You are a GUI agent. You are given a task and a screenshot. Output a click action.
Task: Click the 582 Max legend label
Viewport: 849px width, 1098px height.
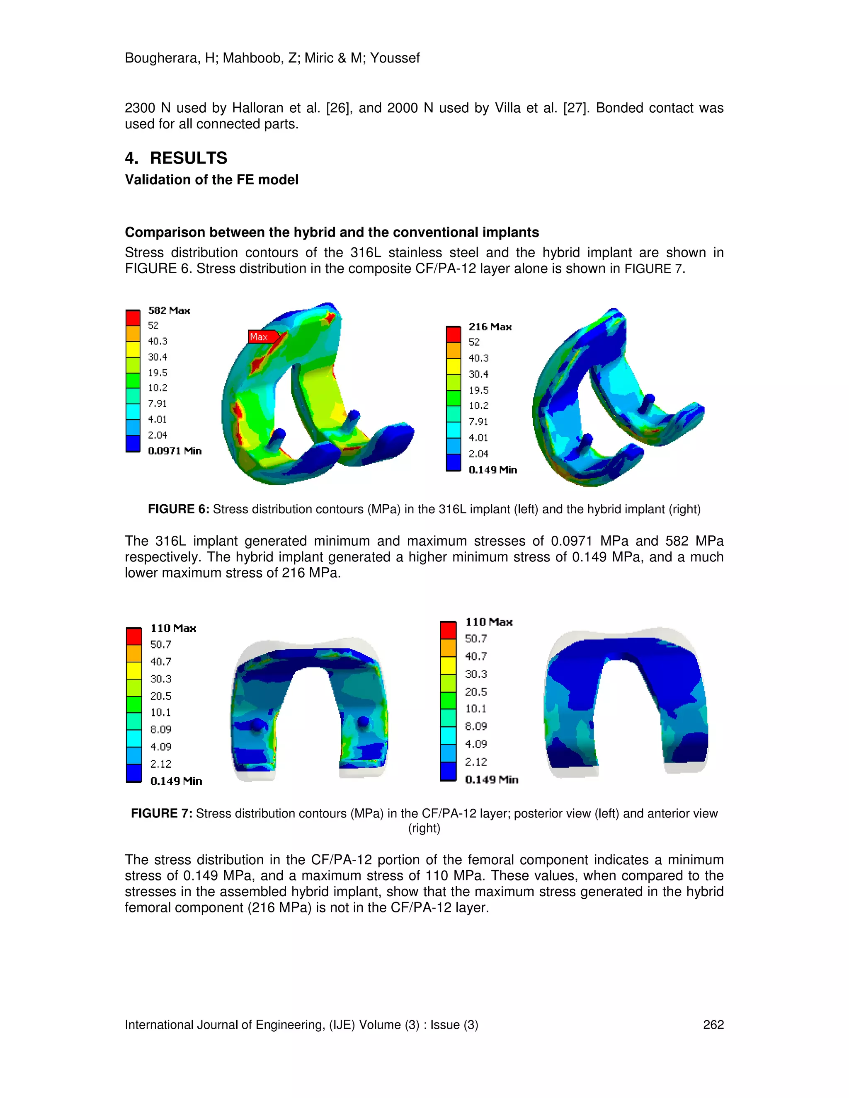(169, 311)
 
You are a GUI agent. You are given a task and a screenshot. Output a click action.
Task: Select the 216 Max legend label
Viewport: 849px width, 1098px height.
(490, 327)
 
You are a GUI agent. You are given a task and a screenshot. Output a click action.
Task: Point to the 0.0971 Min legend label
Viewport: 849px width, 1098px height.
(175, 451)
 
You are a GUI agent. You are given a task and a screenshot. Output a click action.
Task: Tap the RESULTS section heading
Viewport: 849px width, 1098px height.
(189, 158)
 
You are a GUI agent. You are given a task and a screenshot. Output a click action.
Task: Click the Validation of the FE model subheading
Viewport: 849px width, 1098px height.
(211, 179)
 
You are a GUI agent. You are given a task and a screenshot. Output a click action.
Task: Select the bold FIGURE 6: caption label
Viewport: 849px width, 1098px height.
(178, 509)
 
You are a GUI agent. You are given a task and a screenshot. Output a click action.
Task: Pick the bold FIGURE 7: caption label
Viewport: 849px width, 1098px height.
(161, 813)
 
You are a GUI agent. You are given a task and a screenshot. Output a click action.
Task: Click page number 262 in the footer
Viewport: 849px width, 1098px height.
(713, 1025)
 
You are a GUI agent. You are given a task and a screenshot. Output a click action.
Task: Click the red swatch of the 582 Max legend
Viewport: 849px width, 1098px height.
(133, 318)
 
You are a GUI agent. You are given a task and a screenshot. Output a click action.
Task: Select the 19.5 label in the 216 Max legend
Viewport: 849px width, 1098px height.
(478, 390)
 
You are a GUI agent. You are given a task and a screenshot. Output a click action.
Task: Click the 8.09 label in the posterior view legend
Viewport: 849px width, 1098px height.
(160, 730)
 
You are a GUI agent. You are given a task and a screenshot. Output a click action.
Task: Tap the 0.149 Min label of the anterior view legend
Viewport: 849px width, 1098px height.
(491, 780)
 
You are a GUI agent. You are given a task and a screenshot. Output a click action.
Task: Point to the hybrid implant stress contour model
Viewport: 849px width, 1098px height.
(616, 397)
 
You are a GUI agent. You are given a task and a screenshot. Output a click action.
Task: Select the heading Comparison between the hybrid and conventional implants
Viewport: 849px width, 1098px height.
(332, 232)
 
